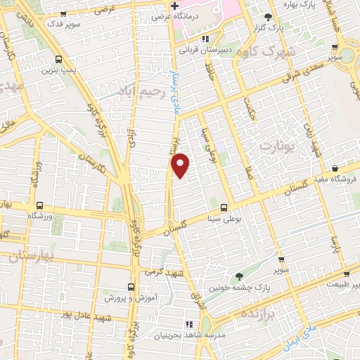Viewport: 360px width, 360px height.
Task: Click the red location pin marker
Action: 181,164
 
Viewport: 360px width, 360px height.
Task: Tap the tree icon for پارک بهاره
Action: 266,16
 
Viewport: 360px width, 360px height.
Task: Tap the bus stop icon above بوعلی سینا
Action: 224,207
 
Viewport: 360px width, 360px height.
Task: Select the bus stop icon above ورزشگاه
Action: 39,207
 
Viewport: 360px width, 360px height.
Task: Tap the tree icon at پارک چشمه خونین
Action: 239,276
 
